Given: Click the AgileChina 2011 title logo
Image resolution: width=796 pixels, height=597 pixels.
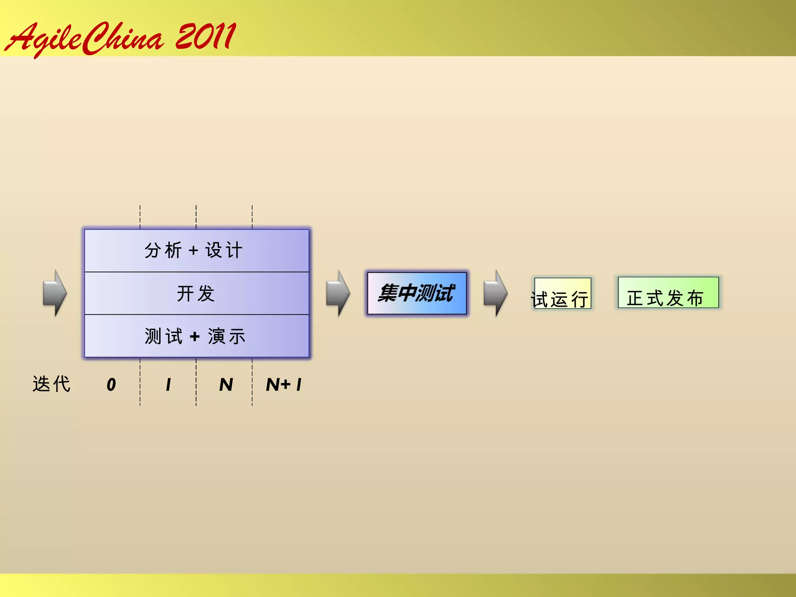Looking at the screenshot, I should (120, 38).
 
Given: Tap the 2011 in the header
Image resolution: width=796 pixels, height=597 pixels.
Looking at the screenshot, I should (205, 37).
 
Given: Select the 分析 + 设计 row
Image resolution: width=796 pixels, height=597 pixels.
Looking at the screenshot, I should (196, 250).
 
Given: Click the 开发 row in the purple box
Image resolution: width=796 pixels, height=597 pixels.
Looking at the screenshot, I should (196, 293).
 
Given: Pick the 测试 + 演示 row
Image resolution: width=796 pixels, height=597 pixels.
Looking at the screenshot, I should (196, 336).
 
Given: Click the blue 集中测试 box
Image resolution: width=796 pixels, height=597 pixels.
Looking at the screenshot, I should (417, 293).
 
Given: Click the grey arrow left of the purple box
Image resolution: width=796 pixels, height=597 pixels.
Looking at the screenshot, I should (55, 293).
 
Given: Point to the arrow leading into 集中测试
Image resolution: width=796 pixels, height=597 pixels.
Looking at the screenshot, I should (338, 293).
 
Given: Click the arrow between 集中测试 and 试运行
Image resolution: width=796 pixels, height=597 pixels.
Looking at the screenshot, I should (495, 293).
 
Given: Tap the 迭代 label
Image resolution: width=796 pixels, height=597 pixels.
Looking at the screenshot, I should (51, 384).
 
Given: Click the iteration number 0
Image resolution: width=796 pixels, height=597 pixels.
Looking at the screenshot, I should (111, 385).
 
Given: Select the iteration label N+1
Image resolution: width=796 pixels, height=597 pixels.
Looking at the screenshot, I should (284, 385).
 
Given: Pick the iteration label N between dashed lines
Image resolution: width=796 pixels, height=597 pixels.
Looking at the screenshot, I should (226, 385).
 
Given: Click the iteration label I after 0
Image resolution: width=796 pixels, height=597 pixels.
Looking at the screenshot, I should (168, 385).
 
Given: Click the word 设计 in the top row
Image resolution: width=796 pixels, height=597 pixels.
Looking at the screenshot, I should (224, 250).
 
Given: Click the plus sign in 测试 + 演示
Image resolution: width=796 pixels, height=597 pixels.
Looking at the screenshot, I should (195, 337).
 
